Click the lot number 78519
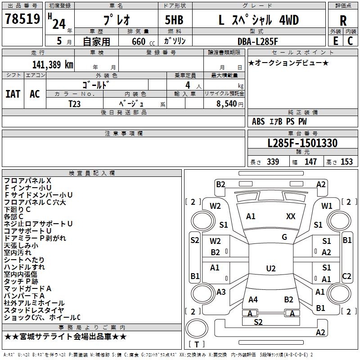coord(22,20)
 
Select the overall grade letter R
coord(343,21)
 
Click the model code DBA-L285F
coord(258,41)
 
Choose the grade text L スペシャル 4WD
coord(259,20)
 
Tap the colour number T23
coord(75,103)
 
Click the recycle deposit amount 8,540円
coord(229,103)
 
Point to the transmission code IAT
coord(13,94)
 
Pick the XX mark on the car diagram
coord(291,216)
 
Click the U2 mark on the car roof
coord(270,269)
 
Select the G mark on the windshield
coord(284,237)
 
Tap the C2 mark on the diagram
coord(347,276)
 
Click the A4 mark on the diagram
coord(253,299)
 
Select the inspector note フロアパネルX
coord(27,181)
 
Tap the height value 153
coord(346,162)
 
